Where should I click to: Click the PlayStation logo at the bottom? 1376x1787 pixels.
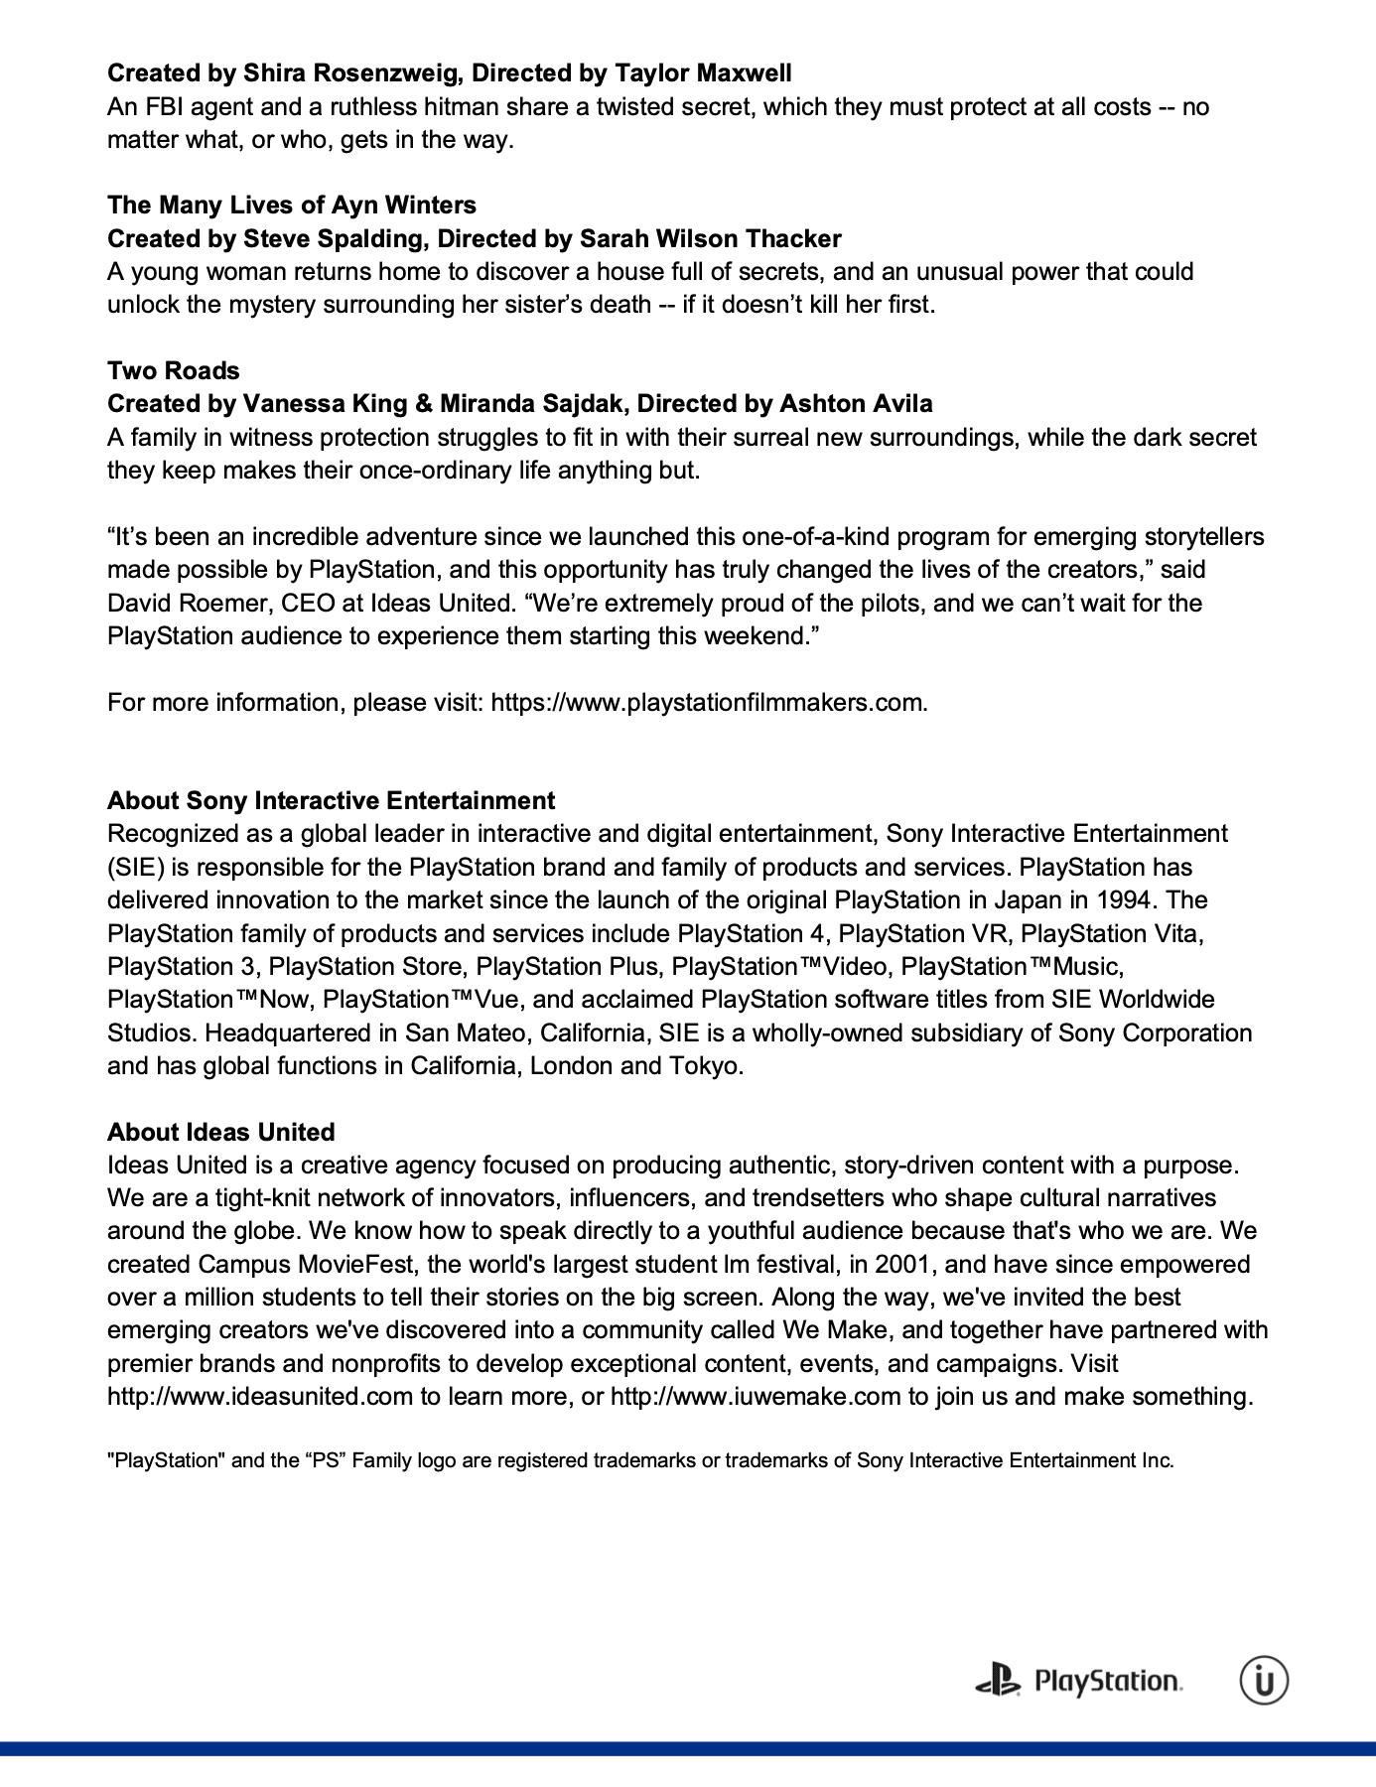tap(1078, 1681)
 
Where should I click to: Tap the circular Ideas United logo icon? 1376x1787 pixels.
tap(1264, 1681)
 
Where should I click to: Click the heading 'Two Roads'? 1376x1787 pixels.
tap(174, 370)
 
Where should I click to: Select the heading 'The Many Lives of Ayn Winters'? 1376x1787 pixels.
tap(292, 205)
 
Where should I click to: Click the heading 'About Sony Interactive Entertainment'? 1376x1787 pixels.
tap(331, 800)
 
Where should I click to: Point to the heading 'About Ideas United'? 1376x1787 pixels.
tap(220, 1132)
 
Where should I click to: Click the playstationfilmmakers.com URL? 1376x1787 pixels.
tap(707, 702)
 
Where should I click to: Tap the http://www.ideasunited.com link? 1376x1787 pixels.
tap(259, 1396)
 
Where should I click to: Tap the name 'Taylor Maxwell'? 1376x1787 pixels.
tap(703, 72)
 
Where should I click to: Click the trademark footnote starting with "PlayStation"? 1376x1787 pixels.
tap(640, 1460)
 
